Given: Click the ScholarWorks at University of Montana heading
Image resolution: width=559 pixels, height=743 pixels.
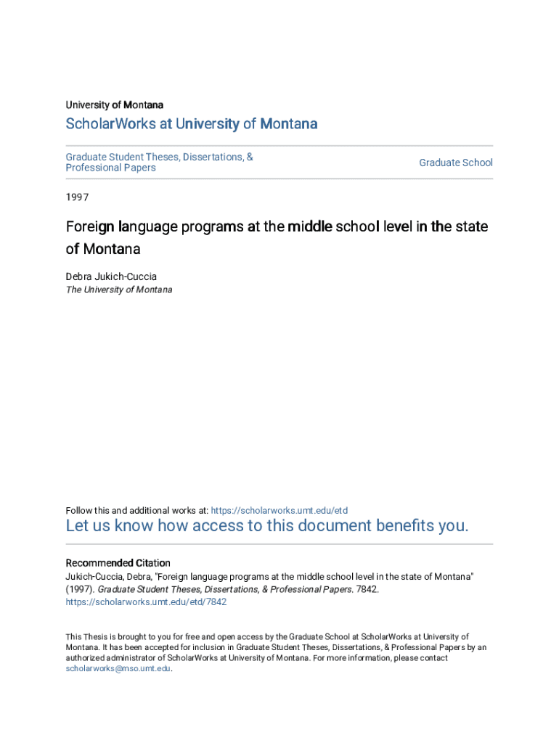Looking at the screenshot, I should [192, 124].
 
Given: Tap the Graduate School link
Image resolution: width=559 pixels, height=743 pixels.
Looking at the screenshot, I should [455, 163].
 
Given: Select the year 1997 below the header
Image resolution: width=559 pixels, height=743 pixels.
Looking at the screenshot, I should [77, 197].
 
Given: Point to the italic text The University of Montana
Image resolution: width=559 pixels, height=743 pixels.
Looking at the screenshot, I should [119, 290].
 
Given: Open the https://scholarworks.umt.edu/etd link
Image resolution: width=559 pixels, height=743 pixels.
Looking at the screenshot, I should [279, 510].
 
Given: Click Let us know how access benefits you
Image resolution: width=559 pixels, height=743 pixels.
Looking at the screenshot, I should [267, 526].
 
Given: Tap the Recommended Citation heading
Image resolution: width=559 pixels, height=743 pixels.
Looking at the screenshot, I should [118, 563].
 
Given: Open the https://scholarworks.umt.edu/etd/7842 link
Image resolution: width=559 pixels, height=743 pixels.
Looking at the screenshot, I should [146, 602].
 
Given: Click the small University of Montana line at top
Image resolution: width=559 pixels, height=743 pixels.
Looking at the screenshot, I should [115, 105].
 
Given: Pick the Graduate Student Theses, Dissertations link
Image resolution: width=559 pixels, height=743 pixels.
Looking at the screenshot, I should [159, 157].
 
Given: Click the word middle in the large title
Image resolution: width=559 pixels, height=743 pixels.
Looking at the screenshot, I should [309, 226].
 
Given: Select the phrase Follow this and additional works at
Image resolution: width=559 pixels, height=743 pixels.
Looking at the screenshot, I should [137, 510].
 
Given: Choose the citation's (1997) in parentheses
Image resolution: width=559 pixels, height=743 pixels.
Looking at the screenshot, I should [80, 589].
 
